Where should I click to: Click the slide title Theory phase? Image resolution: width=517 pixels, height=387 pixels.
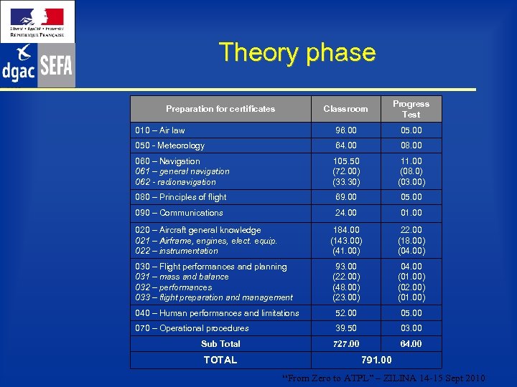point(297,52)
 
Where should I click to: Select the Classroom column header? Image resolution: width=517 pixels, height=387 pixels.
point(345,109)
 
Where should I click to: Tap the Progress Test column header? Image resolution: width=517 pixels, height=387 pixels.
point(411,109)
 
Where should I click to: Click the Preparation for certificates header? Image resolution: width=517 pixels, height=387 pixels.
point(220,109)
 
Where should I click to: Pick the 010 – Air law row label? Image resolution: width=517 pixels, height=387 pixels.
point(160,130)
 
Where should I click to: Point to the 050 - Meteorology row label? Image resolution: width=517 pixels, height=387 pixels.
point(170,145)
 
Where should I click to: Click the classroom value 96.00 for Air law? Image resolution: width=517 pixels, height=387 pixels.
point(345,130)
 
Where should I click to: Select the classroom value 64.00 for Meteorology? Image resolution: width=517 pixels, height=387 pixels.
point(345,145)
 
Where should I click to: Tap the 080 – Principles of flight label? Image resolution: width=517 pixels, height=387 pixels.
point(181,197)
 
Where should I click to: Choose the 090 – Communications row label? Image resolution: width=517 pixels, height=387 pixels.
point(180,213)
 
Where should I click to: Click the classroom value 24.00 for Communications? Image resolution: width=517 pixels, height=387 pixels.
point(345,213)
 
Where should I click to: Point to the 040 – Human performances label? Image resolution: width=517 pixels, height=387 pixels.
point(218,313)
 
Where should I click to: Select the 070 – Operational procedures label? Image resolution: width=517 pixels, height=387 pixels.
point(192,328)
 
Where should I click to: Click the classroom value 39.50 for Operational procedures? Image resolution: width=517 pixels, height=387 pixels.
point(345,328)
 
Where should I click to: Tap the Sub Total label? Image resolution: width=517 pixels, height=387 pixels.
point(220,344)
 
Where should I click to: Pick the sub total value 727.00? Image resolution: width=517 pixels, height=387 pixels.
point(345,344)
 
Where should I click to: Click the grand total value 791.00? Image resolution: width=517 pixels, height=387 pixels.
point(376,360)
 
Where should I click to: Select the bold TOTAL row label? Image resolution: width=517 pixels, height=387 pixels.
point(220,360)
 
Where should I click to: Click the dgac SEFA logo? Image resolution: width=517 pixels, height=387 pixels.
point(37,65)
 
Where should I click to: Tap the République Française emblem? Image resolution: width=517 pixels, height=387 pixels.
point(37,21)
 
